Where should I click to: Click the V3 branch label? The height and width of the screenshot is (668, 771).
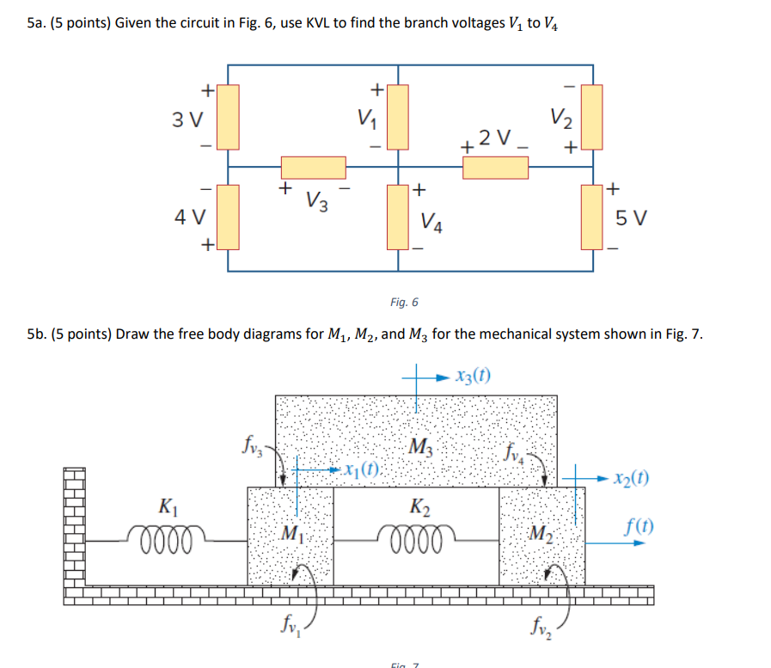pos(315,202)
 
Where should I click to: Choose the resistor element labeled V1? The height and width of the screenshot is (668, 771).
pos(397,116)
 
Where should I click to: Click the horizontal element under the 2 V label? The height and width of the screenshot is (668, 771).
pos(495,167)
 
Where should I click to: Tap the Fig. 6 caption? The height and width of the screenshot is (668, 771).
pos(403,302)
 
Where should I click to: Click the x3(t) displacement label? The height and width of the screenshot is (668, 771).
pos(474,376)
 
